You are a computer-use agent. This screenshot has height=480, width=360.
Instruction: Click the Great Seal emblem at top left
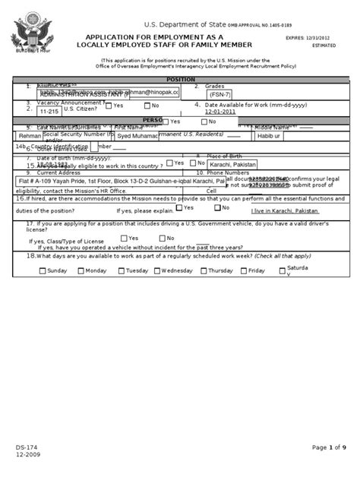pos(28,34)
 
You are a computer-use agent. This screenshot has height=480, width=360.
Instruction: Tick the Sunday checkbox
pos(42,270)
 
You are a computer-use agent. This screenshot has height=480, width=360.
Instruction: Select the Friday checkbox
pos(243,270)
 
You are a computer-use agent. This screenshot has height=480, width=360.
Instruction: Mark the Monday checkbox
pos(81,270)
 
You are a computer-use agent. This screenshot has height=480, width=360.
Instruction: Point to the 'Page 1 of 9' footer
pos(329,448)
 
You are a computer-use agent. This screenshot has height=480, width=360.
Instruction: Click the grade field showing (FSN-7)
pos(220,95)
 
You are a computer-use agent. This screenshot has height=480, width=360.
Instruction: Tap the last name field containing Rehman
pos(28,137)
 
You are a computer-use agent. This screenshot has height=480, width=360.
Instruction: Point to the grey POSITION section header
pos(180,79)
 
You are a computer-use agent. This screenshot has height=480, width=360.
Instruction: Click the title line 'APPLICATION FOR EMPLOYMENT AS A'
pos(154,36)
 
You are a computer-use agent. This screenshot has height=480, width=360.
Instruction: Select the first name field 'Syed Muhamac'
pos(139,137)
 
